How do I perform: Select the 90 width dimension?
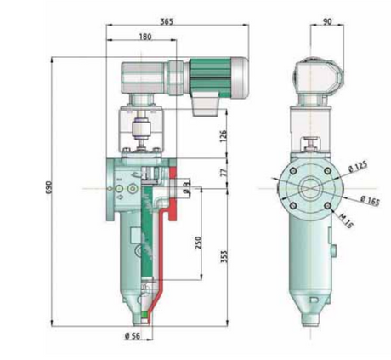(x=327, y=22)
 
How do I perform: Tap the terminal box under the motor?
(x=207, y=105)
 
